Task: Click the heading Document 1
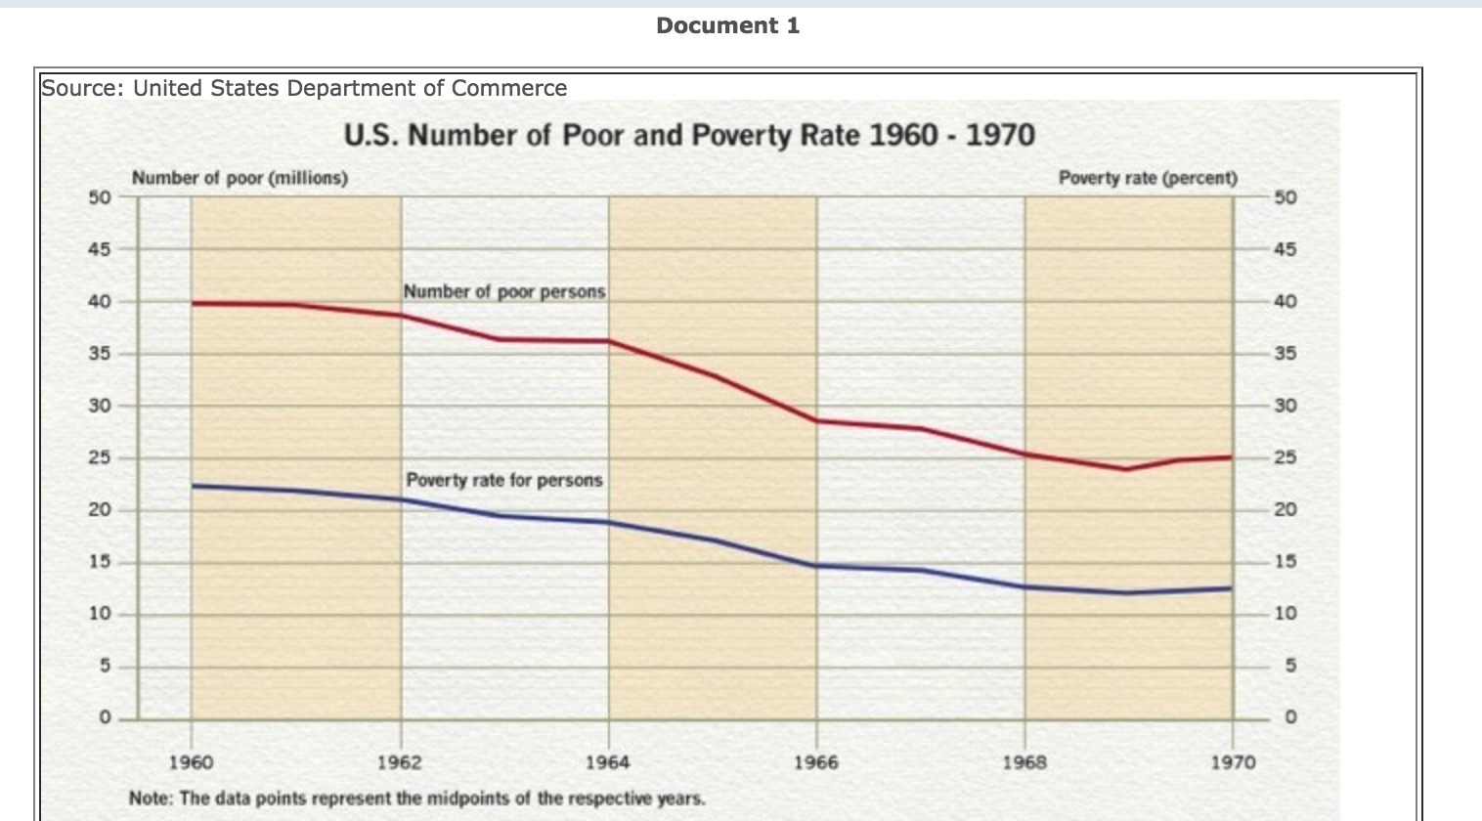point(727,26)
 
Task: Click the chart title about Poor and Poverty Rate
point(688,135)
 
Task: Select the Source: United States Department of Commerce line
point(304,88)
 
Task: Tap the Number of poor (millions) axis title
point(240,178)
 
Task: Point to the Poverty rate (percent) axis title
point(1148,178)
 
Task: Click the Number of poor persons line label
point(503,291)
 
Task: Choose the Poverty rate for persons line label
point(503,480)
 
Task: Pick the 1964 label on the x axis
point(608,761)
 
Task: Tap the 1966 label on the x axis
point(816,761)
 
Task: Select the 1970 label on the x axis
point(1233,761)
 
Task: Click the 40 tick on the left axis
point(100,302)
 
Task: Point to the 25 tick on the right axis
point(1286,457)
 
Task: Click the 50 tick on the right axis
point(1286,197)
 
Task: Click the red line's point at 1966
point(817,420)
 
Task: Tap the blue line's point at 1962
point(401,499)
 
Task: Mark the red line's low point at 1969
point(1127,468)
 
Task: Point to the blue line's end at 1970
point(1231,588)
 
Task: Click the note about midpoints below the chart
point(416,798)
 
